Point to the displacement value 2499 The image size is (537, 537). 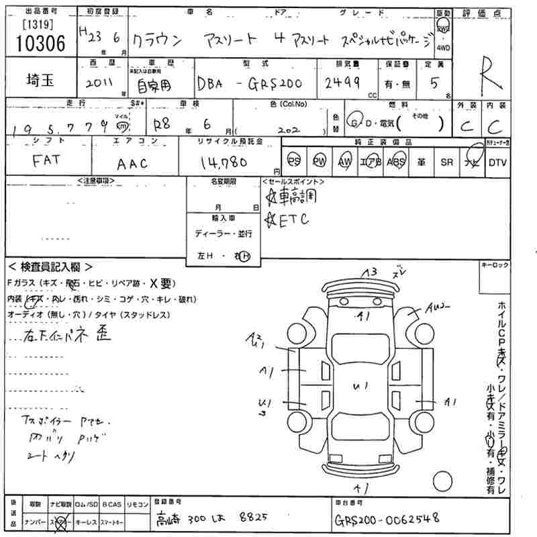point(342,82)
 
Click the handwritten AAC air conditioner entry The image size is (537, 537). point(132,162)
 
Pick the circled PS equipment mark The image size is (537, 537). point(293,162)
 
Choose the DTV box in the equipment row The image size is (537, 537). point(497,162)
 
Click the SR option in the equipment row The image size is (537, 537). point(446,162)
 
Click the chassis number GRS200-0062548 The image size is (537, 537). point(385,518)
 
